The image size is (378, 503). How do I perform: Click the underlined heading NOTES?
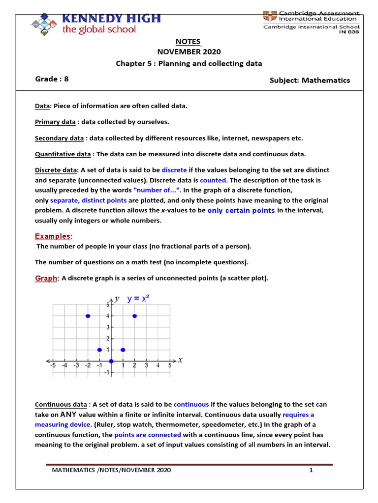(189, 41)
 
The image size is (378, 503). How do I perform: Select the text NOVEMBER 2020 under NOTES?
(189, 52)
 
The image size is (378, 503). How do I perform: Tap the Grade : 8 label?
(52, 79)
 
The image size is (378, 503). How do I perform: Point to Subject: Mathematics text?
(310, 80)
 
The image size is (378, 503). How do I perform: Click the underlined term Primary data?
(55, 122)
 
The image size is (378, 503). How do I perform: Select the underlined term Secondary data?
(59, 138)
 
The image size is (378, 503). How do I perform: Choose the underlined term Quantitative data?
(63, 154)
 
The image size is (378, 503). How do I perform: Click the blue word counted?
(214, 180)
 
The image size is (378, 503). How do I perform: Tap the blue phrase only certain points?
(241, 210)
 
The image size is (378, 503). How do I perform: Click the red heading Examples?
(53, 236)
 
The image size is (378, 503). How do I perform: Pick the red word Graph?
(46, 279)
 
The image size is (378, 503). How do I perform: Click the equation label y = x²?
(138, 299)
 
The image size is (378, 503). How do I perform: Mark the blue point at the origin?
(111, 361)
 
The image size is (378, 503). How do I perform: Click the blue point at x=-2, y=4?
(88, 316)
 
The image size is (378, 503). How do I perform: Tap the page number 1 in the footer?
(311, 470)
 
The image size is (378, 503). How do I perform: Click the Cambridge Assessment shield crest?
(270, 15)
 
